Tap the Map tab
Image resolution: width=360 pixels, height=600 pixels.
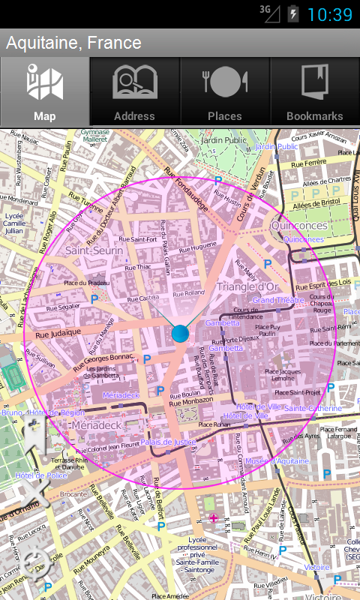pyautogui.click(x=45, y=92)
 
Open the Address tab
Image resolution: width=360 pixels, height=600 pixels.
pyautogui.click(x=134, y=92)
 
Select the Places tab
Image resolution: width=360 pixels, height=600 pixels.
pyautogui.click(x=224, y=92)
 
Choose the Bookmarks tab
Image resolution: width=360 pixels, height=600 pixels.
pyautogui.click(x=315, y=92)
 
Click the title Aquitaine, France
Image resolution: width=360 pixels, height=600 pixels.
pyautogui.click(x=73, y=43)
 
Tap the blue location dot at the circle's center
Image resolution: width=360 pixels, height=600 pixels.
pyautogui.click(x=180, y=334)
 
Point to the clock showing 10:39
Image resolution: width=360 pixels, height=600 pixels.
pyautogui.click(x=329, y=14)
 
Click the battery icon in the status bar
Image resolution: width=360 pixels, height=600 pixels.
pyautogui.click(x=293, y=13)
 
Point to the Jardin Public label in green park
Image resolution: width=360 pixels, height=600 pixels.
pyautogui.click(x=224, y=140)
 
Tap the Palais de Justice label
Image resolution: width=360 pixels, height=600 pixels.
pyautogui.click(x=167, y=442)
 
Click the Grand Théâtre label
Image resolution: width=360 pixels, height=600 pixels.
pyautogui.click(x=273, y=300)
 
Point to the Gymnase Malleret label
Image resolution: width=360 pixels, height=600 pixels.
pyautogui.click(x=95, y=135)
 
